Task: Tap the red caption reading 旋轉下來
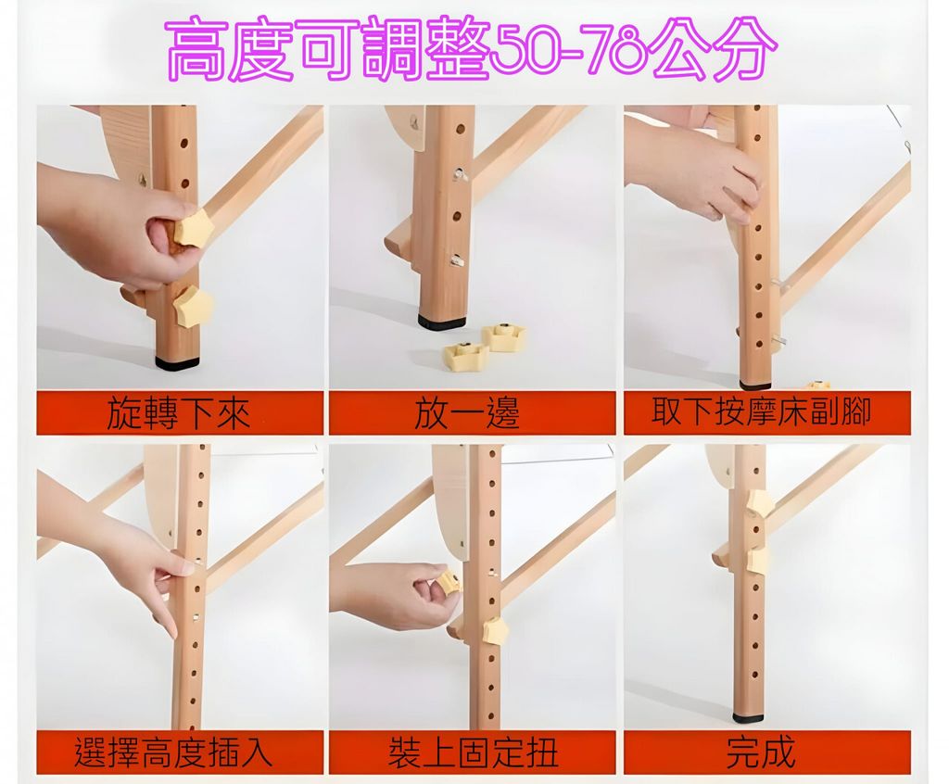click(179, 414)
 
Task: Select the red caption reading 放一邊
click(467, 414)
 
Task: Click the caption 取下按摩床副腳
click(761, 413)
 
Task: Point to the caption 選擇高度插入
click(173, 752)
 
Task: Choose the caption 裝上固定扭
click(472, 752)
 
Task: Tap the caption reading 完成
click(761, 752)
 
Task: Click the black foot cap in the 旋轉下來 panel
click(177, 362)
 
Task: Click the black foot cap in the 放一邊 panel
click(442, 321)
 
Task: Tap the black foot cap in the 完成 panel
click(747, 718)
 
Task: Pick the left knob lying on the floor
click(466, 358)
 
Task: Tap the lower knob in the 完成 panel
click(760, 561)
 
